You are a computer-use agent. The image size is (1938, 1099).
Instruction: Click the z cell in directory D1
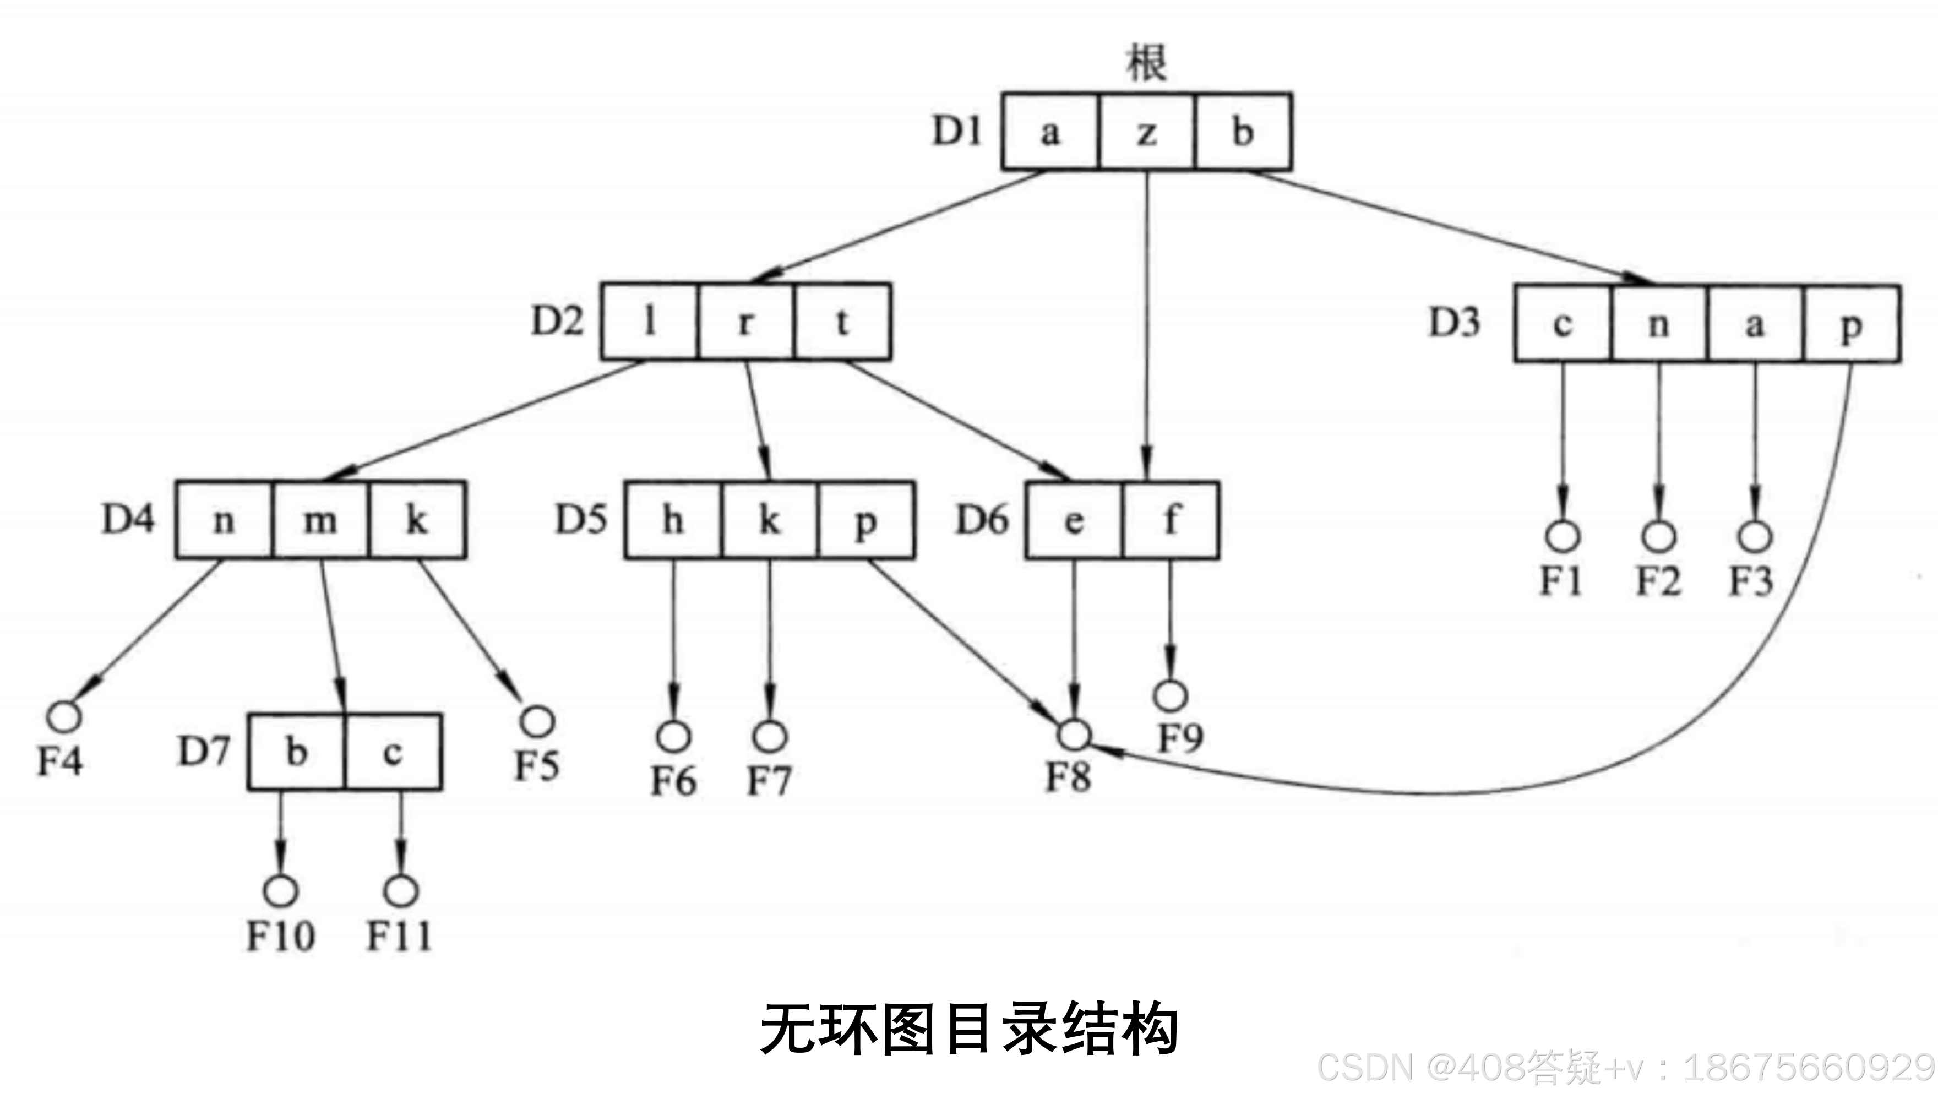coord(1146,132)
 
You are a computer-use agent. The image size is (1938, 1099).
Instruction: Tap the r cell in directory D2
coord(745,322)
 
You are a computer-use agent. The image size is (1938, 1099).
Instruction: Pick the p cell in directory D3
coord(1851,324)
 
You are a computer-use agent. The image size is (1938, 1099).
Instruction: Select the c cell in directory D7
coord(393,752)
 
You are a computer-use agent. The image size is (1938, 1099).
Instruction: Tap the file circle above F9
coord(1171,695)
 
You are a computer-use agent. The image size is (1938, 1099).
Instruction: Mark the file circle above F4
coord(64,716)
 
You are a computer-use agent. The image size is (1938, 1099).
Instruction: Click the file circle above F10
coord(281,891)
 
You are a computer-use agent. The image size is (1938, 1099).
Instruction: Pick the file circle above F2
coord(1658,536)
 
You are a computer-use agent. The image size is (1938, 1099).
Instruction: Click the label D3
coord(1454,323)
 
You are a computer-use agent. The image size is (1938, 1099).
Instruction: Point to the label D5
coord(580,519)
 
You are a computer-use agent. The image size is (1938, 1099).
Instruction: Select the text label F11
coord(399,937)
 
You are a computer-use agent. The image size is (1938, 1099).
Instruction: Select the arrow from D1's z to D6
coord(1147,317)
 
